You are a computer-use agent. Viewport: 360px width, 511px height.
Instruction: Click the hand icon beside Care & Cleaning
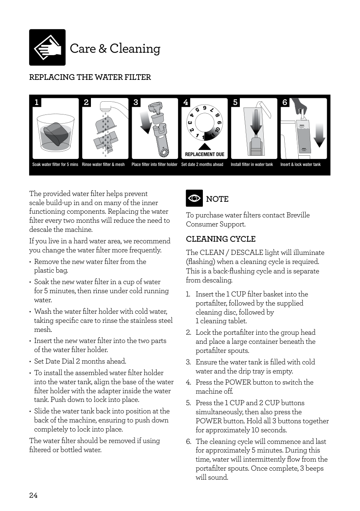pos(47,47)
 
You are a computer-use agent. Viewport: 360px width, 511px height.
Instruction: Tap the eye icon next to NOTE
pos(194,198)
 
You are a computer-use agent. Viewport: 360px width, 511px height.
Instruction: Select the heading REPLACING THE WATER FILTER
pos(90,77)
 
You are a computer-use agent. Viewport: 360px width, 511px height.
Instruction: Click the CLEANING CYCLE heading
pos(221,239)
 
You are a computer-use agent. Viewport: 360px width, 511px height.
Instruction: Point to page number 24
pos(33,495)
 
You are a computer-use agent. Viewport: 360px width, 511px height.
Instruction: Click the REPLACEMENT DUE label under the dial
pos(204,154)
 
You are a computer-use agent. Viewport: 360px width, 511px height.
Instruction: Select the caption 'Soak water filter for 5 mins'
pos(55,165)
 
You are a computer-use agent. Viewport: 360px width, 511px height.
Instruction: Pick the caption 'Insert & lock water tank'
pos(300,165)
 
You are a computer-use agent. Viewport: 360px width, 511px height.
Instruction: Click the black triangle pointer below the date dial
pos(204,147)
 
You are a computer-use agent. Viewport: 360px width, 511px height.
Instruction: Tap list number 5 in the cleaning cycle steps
pos(188,403)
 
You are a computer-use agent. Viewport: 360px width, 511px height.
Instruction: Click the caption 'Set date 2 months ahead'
pos(202,165)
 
